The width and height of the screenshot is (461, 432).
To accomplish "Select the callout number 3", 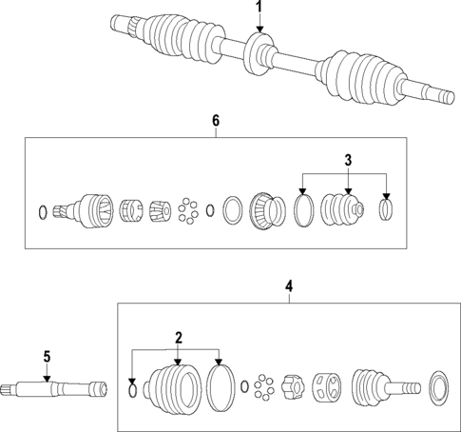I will pyautogui.click(x=348, y=158).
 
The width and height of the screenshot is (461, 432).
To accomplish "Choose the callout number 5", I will pyautogui.click(x=46, y=357).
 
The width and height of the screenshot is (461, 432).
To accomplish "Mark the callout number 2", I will pyautogui.click(x=176, y=337).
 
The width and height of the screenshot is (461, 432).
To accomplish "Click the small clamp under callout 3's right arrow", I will pyautogui.click(x=386, y=208).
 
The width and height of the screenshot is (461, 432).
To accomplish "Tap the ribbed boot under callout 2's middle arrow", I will pyautogui.click(x=176, y=387).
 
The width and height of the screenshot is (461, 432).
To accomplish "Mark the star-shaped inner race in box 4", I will pyautogui.click(x=292, y=388).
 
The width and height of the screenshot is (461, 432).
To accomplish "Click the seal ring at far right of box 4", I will pyautogui.click(x=439, y=388).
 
